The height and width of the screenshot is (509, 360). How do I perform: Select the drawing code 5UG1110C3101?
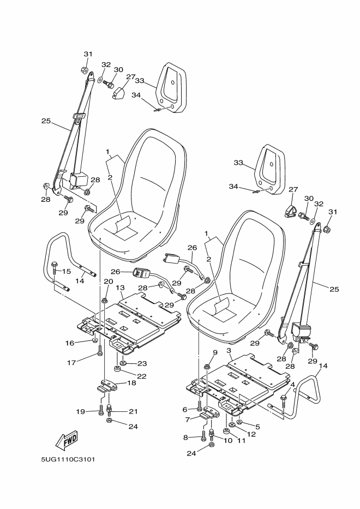pyautogui.click(x=68, y=459)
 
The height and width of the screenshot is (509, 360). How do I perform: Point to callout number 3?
pyautogui.click(x=229, y=350)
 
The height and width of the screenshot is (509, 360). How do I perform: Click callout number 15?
pyautogui.click(x=66, y=272)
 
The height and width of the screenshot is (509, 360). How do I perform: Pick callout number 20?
pyautogui.click(x=108, y=282)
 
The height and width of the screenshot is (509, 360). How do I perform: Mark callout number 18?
pyautogui.click(x=131, y=383)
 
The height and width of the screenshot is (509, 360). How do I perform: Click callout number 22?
pyautogui.click(x=142, y=376)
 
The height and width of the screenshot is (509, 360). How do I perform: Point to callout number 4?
pyautogui.click(x=292, y=385)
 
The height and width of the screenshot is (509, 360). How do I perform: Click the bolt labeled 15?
pyautogui.click(x=55, y=266)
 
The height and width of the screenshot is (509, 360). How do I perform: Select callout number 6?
pyautogui.click(x=184, y=409)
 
